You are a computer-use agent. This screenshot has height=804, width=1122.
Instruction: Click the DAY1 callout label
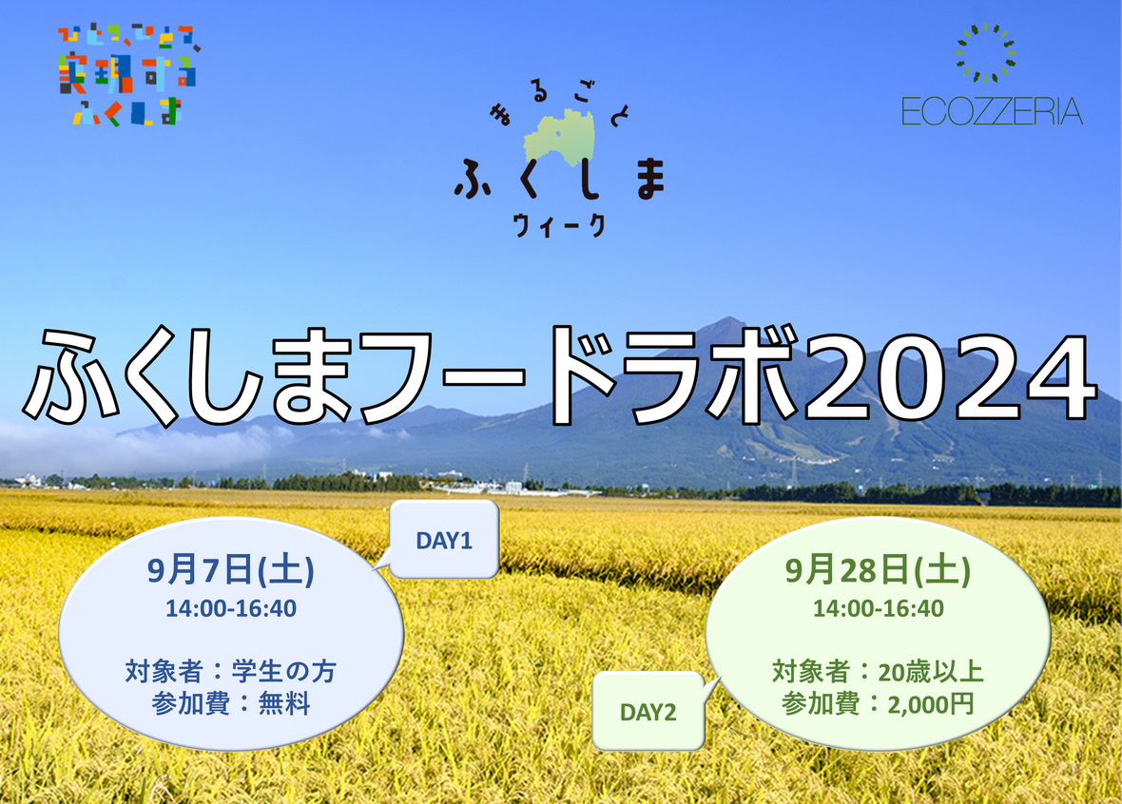pyautogui.click(x=444, y=541)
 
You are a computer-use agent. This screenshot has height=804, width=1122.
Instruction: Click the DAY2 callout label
pyautogui.click(x=648, y=713)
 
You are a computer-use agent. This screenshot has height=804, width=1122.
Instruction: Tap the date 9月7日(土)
pyautogui.click(x=230, y=571)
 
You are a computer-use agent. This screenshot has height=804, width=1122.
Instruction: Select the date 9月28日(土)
pyautogui.click(x=878, y=571)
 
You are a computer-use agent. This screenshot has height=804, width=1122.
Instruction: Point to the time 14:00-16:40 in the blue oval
pyautogui.click(x=230, y=609)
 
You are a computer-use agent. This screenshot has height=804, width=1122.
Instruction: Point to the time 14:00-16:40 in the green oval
pyautogui.click(x=878, y=609)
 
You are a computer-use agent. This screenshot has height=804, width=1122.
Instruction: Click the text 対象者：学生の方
pyautogui.click(x=230, y=672)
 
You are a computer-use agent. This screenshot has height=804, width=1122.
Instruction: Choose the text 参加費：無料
pyautogui.click(x=230, y=704)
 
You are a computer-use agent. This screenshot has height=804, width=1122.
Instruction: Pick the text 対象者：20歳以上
pyautogui.click(x=878, y=672)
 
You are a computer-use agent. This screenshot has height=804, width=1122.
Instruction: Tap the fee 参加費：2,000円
pyautogui.click(x=878, y=704)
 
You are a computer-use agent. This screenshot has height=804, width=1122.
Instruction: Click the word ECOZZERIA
pyautogui.click(x=992, y=111)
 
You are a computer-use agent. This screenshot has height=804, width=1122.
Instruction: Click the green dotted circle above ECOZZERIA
pyautogui.click(x=986, y=53)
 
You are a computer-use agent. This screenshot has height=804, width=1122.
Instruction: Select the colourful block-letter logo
pyautogui.click(x=128, y=75)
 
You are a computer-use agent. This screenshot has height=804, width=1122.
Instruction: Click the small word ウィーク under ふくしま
pyautogui.click(x=559, y=225)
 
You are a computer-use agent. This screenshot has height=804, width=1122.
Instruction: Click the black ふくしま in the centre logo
pyautogui.click(x=560, y=178)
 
